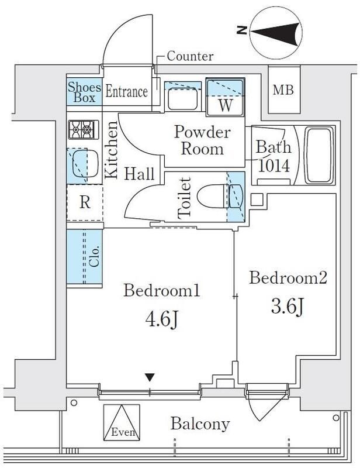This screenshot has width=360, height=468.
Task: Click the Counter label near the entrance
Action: pos(190,56)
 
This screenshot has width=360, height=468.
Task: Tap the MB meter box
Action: pos(283,90)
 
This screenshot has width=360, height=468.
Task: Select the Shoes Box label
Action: pos(84,92)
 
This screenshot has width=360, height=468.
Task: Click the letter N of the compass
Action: pos(242,30)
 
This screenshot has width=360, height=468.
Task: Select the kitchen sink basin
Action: pos(85,164)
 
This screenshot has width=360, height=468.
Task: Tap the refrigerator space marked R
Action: pos(85,202)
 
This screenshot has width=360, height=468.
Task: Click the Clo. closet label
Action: pos(94,257)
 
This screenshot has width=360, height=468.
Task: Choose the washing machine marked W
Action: pos(226,97)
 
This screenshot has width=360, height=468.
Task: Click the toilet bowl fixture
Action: pos(220,196)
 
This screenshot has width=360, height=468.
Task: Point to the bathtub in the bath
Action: pos(319,155)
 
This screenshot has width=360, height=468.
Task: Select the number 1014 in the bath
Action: pos(274,166)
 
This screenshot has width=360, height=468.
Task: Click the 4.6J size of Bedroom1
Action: pos(161,320)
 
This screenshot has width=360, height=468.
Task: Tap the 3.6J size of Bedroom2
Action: pos(287,307)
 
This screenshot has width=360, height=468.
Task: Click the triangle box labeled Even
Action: pos(122,422)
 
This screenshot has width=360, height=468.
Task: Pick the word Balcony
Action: pos(200,424)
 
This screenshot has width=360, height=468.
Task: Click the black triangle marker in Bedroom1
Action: pos(150,377)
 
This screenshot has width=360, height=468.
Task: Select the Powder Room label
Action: pos(203,140)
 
